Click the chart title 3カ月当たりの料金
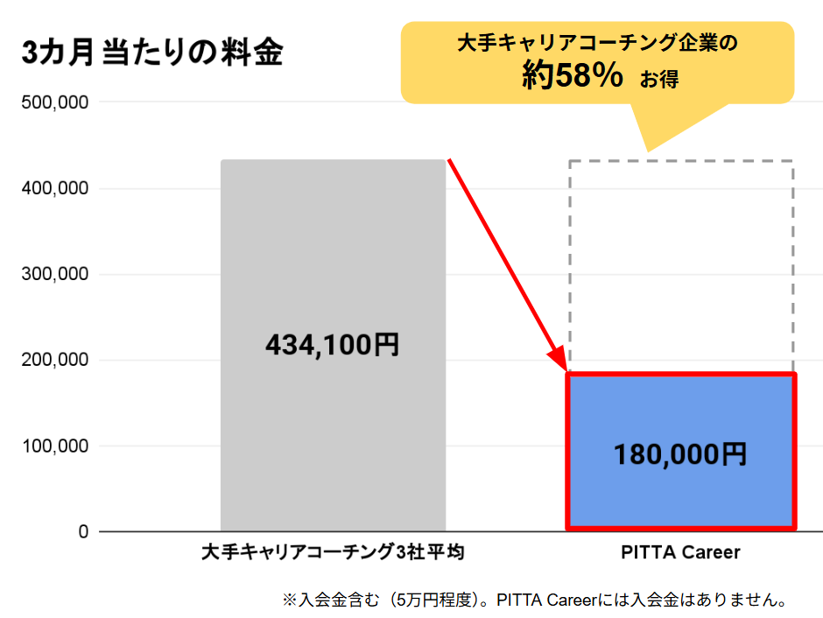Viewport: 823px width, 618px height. point(152,53)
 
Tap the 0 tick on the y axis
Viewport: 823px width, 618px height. point(83,531)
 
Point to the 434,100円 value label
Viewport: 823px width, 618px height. point(333,345)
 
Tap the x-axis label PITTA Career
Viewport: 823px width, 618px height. point(680,552)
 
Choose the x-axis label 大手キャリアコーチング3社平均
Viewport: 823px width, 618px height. point(332,552)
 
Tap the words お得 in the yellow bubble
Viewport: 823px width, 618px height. point(659,81)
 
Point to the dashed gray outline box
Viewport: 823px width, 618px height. point(681,263)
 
